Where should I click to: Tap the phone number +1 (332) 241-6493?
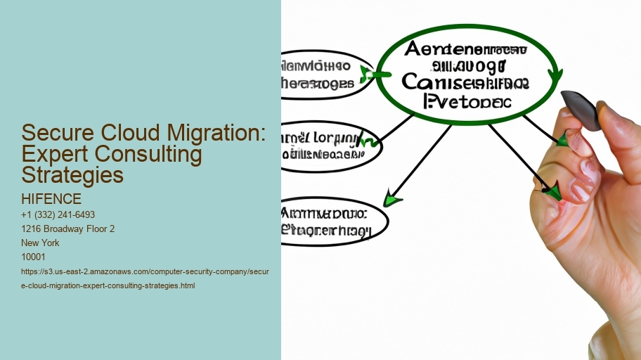coord(58,214)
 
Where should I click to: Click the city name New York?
coord(41,243)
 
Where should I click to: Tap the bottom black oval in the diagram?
coord(333,220)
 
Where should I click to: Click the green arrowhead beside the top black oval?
coord(366,74)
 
